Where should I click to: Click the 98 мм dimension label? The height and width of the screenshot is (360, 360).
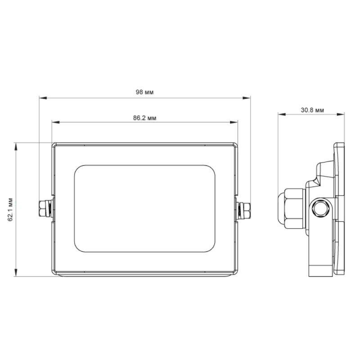click(x=144, y=92)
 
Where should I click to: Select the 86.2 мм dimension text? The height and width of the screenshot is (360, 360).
click(x=144, y=118)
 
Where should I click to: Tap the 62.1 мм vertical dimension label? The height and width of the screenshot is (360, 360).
click(x=10, y=209)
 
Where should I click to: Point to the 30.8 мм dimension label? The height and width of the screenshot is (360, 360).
click(x=312, y=110)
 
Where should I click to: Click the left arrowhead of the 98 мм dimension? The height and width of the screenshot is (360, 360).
click(x=43, y=98)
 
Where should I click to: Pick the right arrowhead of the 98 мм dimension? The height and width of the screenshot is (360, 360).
click(x=247, y=98)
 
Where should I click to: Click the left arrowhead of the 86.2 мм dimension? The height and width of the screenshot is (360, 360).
click(x=56, y=122)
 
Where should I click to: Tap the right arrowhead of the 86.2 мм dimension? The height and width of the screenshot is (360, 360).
click(x=234, y=122)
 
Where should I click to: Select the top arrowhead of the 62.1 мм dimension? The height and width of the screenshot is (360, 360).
click(x=16, y=147)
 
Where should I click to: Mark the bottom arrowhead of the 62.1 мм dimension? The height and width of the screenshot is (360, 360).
click(x=16, y=273)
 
